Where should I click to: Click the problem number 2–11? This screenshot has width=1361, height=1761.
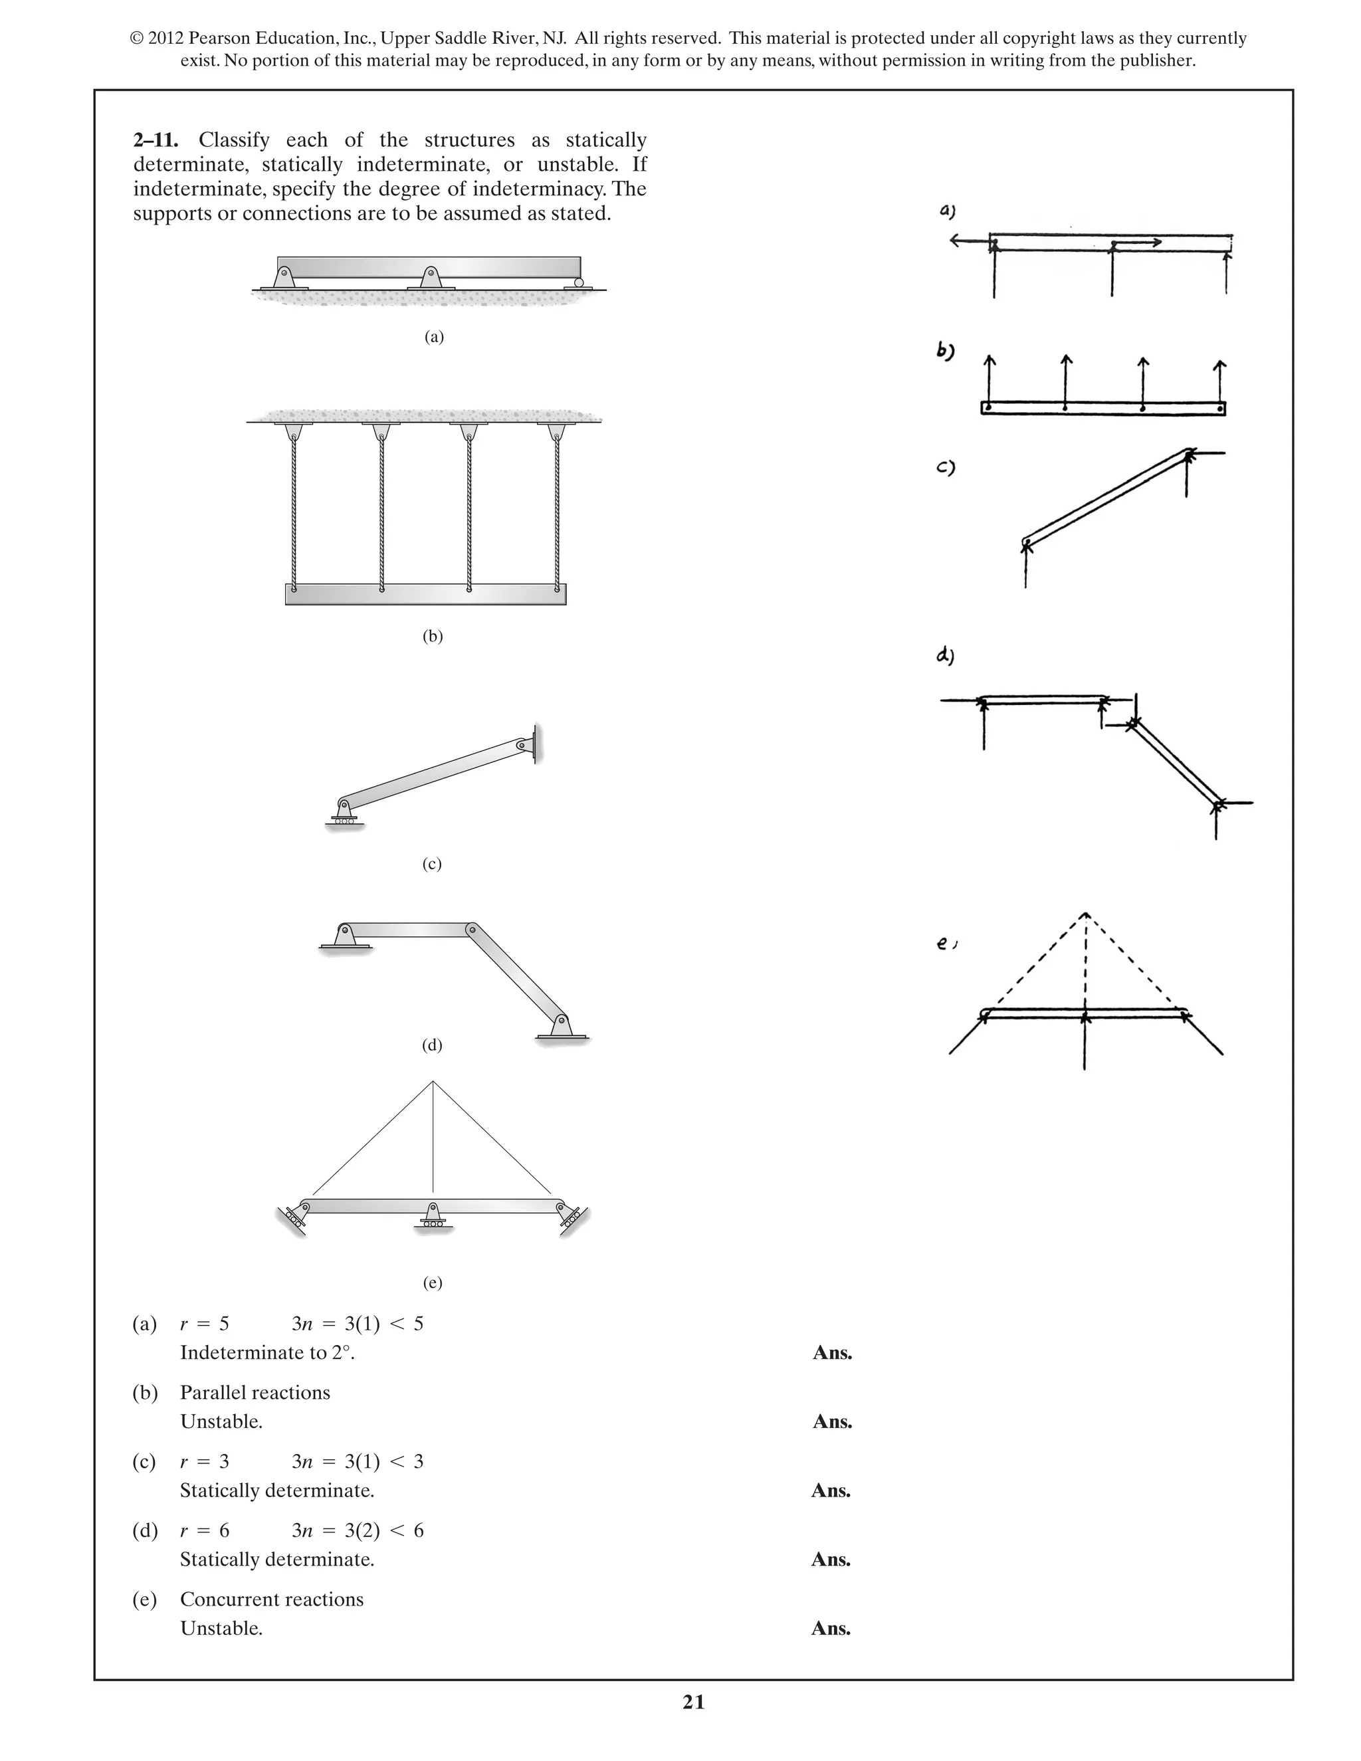click(x=156, y=140)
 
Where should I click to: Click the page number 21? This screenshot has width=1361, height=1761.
click(x=693, y=1701)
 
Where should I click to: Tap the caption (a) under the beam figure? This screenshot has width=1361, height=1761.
click(x=434, y=337)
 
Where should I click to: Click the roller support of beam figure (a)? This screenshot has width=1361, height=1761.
click(x=578, y=283)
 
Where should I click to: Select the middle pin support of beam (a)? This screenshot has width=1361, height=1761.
click(x=431, y=278)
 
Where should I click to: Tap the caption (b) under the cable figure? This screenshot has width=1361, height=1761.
click(x=433, y=636)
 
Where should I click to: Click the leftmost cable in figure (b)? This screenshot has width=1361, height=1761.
click(x=294, y=516)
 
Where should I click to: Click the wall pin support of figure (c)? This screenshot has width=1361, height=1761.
click(x=528, y=745)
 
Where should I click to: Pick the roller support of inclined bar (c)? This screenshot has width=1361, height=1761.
click(x=343, y=815)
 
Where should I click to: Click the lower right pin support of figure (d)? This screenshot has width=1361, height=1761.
click(x=560, y=1027)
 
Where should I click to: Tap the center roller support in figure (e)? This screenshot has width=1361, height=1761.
click(x=433, y=1217)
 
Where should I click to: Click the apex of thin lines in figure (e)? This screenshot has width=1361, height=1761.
click(x=433, y=1082)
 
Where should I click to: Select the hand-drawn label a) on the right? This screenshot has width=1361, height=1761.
click(x=948, y=212)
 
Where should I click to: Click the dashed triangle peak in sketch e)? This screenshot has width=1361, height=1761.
click(x=1085, y=914)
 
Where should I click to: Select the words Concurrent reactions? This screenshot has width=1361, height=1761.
click(x=272, y=1599)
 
